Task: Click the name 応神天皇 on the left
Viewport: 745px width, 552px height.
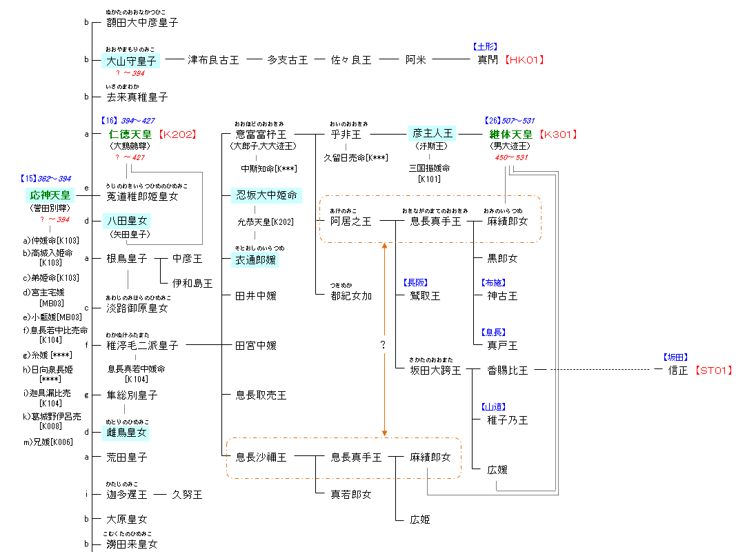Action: [x=51, y=195]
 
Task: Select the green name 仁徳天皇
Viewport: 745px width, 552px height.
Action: [x=131, y=135]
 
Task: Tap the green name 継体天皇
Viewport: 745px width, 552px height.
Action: [x=510, y=135]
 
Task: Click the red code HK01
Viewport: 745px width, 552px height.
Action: [x=524, y=60]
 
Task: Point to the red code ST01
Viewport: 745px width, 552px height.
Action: [x=713, y=371]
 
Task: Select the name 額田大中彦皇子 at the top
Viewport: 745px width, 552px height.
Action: [x=142, y=23]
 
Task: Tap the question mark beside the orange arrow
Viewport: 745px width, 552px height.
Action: [x=383, y=345]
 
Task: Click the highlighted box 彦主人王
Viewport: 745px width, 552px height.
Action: [x=432, y=134]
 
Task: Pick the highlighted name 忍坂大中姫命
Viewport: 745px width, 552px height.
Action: [x=266, y=195]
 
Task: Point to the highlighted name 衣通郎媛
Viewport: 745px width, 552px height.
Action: [x=256, y=259]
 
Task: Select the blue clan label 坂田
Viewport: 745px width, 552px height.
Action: [x=676, y=357]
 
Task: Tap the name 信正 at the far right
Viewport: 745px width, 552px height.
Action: [x=679, y=371]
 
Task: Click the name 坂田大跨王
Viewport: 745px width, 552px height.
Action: [x=435, y=371]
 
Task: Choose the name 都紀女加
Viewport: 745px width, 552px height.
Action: [x=351, y=295]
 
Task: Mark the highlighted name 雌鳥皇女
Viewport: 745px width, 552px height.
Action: [x=127, y=433]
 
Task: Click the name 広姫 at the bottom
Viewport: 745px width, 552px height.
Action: [x=419, y=519]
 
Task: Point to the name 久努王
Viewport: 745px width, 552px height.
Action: [x=187, y=495]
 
